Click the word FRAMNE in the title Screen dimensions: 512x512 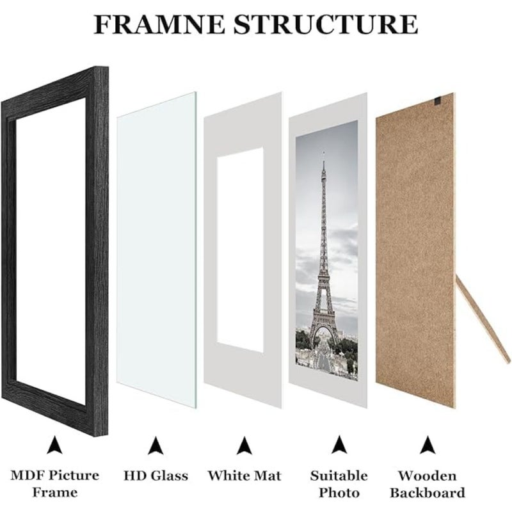pos(159,24)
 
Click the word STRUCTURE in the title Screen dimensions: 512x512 pos(326,24)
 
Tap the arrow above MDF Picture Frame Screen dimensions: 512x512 pos(54,444)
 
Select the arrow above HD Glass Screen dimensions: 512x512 pos(156,445)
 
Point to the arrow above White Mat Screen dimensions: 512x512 pos(244,445)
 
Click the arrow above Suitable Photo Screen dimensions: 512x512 pos(339,444)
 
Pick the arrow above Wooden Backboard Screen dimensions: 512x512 pos(428,444)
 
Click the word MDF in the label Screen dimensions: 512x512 pos(26,476)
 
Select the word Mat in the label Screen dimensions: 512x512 pos(268,476)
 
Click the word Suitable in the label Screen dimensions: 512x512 pos(339,476)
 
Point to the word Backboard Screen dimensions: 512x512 pos(428,493)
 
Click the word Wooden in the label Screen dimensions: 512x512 pos(427,476)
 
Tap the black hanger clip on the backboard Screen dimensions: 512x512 pos(438,102)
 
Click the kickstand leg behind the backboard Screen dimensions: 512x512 pos(483,319)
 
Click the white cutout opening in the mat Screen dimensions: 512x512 pos(241,250)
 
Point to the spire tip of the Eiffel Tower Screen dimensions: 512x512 pos(324,152)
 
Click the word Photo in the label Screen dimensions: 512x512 pos(339,493)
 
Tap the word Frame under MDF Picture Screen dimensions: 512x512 pos(54,492)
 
